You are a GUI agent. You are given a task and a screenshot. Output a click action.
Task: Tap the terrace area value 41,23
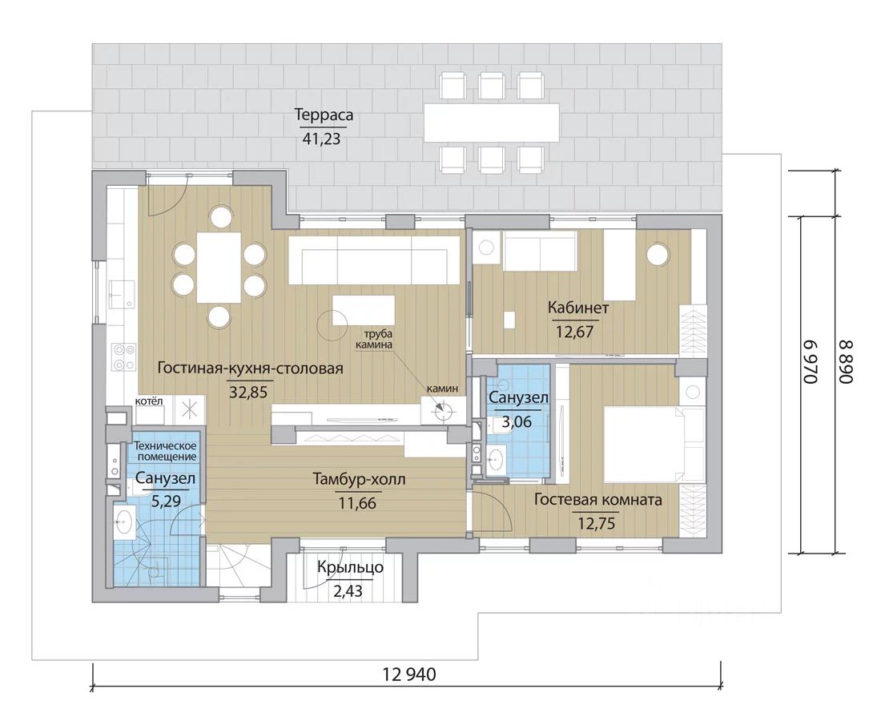[321, 139]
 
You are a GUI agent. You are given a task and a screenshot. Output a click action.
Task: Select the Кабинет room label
[578, 308]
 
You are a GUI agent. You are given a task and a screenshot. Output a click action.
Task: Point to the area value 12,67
[574, 332]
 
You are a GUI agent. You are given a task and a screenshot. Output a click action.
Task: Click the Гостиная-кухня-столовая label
[250, 369]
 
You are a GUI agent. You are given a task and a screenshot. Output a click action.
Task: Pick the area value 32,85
[247, 392]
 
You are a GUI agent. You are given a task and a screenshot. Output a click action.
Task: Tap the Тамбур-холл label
[359, 480]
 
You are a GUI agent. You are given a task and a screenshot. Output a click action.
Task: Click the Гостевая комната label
[597, 499]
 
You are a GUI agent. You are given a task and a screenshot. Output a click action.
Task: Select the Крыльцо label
[350, 567]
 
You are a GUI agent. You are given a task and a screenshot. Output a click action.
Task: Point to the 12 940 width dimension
[409, 673]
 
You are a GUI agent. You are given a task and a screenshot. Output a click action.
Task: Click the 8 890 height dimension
[846, 362]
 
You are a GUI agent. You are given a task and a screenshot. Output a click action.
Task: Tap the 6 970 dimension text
[809, 362]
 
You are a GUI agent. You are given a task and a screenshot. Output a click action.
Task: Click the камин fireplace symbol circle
[442, 411]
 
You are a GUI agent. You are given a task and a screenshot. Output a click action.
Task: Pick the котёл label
[149, 401]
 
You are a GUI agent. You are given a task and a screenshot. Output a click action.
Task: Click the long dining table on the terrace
[492, 122]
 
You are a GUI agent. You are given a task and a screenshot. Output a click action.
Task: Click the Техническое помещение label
[165, 451]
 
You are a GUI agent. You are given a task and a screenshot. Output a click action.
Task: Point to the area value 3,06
[517, 421]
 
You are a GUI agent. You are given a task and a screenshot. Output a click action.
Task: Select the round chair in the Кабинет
[658, 253]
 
